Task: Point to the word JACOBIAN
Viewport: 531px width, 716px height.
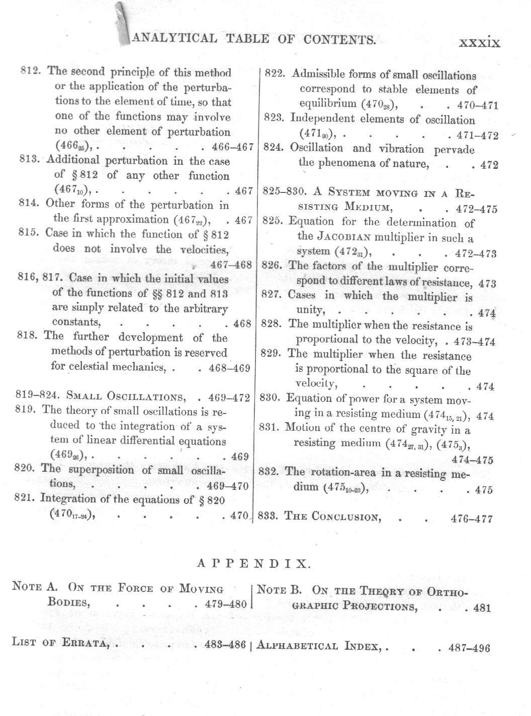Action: point(343,237)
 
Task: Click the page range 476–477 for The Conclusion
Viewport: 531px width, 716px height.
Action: point(472,519)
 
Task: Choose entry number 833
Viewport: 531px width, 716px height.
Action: point(269,516)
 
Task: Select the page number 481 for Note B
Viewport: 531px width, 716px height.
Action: point(482,608)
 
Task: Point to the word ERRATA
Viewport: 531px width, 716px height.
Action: point(85,643)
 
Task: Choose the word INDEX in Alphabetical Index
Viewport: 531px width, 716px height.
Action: point(362,646)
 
